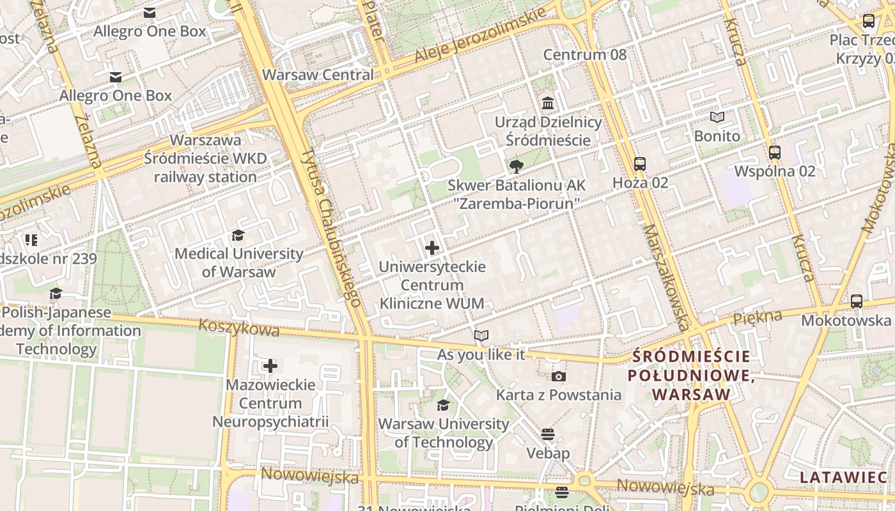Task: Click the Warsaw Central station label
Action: click(x=318, y=75)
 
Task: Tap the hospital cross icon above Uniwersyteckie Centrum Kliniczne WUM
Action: click(x=432, y=247)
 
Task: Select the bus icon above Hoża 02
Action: click(x=640, y=164)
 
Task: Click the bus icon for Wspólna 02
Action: click(x=775, y=152)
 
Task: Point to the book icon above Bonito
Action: click(x=717, y=118)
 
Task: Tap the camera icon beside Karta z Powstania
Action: click(x=559, y=376)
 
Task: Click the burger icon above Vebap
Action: click(x=548, y=434)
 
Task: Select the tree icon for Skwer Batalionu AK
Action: click(x=516, y=167)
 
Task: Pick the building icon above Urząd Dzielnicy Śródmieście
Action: click(x=548, y=103)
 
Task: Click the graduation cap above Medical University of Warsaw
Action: click(x=238, y=235)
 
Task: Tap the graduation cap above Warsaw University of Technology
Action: click(x=443, y=405)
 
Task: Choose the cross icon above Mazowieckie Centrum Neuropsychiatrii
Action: click(x=270, y=366)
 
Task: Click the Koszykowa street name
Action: click(x=239, y=327)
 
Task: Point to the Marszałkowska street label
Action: click(x=665, y=275)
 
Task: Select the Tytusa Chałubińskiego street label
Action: click(x=331, y=226)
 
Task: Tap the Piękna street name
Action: click(x=758, y=317)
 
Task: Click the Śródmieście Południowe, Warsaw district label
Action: click(x=690, y=376)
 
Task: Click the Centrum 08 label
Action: click(x=585, y=55)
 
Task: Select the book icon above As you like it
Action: click(x=481, y=335)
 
